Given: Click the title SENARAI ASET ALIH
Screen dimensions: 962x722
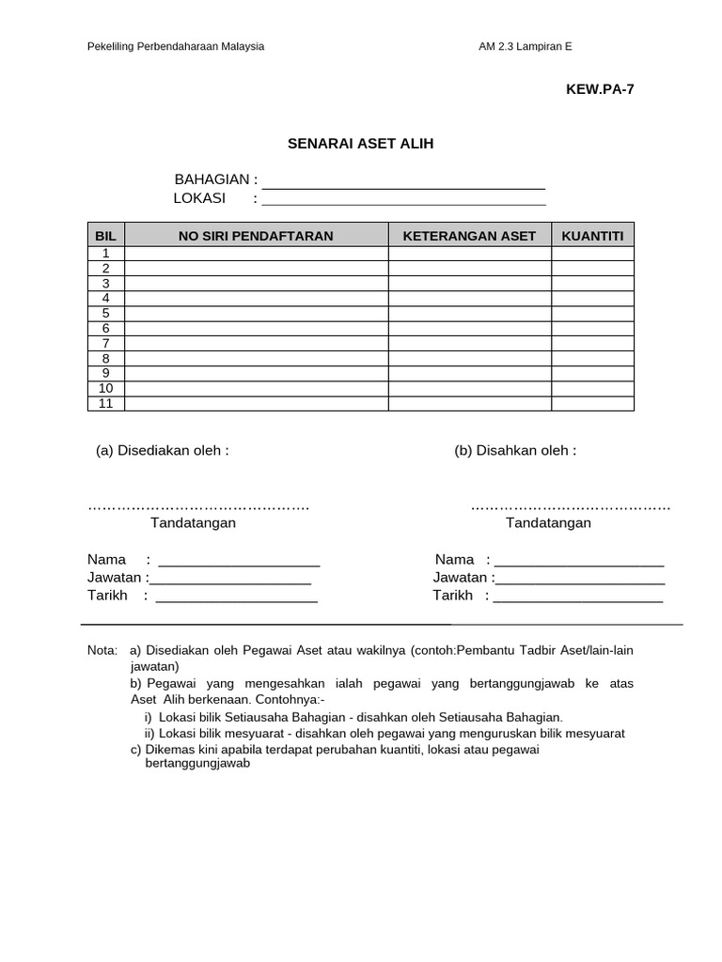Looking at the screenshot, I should (360, 144).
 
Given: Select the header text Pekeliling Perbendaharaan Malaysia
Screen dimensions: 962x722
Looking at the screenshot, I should (175, 46).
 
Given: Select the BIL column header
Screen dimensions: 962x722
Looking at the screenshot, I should (105, 236).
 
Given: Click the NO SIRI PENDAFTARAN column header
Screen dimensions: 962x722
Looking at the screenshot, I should (256, 236).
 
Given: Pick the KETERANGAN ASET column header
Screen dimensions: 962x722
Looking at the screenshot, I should (469, 236).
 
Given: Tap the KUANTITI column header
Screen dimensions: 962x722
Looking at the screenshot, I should (592, 236).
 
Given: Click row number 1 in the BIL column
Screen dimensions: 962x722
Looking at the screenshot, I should (106, 254).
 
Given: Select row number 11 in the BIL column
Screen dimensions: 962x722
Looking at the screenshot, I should (106, 404).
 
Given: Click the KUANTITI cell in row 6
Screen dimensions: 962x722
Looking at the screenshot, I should (592, 329).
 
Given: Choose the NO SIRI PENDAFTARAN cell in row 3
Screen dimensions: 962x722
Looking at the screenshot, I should (256, 284).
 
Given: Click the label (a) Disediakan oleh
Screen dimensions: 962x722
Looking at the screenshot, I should (162, 451).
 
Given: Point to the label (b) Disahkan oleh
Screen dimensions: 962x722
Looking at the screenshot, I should (515, 451).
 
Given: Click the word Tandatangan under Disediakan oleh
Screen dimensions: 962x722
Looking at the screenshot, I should (193, 523).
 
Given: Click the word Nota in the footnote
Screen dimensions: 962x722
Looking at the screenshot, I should (102, 650).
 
